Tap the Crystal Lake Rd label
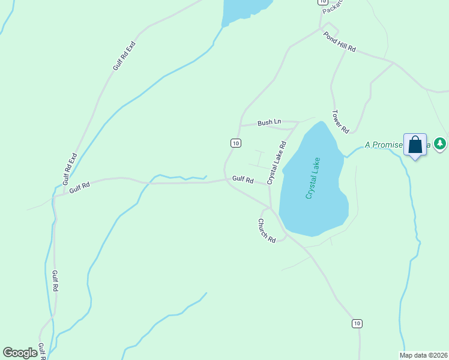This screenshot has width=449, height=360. tap(277, 163)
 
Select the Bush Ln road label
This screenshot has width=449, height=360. tap(269, 122)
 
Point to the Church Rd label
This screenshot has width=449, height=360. tap(267, 230)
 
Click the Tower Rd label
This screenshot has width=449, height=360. tap(340, 121)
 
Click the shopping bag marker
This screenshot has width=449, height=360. tap(415, 145)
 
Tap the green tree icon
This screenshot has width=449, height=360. tap(441, 143)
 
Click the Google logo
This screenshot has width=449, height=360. tap(20, 353)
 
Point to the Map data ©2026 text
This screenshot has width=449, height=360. tap(423, 355)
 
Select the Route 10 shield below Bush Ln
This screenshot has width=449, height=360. tap(235, 143)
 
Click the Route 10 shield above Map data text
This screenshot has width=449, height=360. tap(357, 323)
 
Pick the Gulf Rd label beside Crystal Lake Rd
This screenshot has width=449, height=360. tap(243, 180)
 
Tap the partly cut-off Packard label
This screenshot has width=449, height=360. tap(332, 7)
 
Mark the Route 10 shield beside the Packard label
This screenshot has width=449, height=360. tap(322, 2)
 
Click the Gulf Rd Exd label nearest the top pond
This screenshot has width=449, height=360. tap(124, 56)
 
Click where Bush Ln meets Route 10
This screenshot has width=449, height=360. tap(241, 126)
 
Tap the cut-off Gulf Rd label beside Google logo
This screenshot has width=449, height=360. tap(42, 351)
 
